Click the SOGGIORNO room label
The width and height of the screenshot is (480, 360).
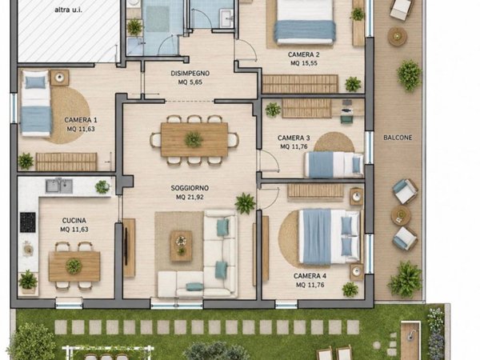coord(190,188)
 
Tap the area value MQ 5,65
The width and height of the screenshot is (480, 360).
coord(190,82)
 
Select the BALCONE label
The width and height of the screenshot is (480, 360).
coord(398,138)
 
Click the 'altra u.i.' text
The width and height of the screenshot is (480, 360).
coord(68,10)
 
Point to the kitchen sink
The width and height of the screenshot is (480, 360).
coord(59,186)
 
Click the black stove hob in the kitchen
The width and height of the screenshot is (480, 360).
coord(28,222)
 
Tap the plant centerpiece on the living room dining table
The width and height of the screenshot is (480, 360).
coord(194,139)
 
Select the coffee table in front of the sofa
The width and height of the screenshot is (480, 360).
coord(182,246)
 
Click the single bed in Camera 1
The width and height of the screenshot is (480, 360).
coord(35,103)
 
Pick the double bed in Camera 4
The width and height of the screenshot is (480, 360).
coord(329,237)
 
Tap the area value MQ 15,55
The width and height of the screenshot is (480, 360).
coord(304,63)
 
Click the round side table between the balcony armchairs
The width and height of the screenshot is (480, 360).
coord(401,215)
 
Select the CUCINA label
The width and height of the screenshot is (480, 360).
coord(74,221)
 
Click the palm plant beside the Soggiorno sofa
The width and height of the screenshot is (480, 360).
coord(245,203)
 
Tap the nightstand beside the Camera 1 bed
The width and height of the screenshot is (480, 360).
coord(59,78)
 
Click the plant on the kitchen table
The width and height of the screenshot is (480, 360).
coord(74,266)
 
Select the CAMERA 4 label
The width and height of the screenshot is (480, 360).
coord(310,276)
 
